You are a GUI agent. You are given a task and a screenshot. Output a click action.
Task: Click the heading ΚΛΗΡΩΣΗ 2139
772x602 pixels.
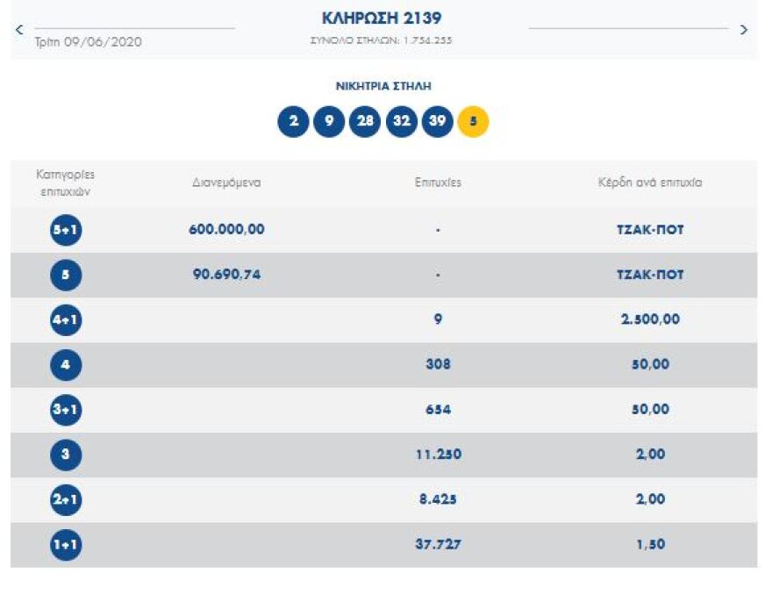pos(382,18)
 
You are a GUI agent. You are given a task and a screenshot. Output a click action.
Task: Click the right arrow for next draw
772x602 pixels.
pos(744,30)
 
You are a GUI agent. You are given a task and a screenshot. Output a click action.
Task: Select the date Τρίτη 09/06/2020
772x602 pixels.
pos(88,42)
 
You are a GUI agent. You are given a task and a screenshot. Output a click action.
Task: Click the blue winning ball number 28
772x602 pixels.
pos(365,122)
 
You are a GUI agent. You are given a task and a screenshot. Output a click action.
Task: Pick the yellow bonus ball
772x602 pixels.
pos(473,122)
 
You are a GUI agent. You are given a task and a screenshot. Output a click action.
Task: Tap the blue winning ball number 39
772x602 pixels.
pos(437,122)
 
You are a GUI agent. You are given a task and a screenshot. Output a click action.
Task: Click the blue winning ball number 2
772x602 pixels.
pos(293,122)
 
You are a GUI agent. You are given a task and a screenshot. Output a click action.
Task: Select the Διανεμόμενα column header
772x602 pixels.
pos(226,183)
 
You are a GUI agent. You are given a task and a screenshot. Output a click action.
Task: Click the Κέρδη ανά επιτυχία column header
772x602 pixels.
pos(649,183)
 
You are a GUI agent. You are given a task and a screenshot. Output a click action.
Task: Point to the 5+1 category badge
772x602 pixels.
pos(66,230)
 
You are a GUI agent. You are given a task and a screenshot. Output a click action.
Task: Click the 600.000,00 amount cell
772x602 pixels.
pos(226,230)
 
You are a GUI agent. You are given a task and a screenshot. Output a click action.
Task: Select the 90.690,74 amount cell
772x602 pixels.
pos(226,275)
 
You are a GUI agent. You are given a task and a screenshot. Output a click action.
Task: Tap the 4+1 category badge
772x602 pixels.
pos(66,320)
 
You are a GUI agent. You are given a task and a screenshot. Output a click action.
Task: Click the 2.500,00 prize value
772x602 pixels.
pos(649,319)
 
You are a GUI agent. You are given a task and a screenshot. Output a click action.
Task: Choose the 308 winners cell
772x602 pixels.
pos(438,364)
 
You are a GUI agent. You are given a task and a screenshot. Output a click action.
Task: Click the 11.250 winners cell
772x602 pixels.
pos(438,455)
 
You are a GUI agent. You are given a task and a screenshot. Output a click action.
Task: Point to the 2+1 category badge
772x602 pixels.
pos(66,499)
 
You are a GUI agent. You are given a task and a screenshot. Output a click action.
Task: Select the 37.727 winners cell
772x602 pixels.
pos(438,544)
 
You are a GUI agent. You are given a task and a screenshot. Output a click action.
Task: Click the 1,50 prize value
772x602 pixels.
pos(649,544)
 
